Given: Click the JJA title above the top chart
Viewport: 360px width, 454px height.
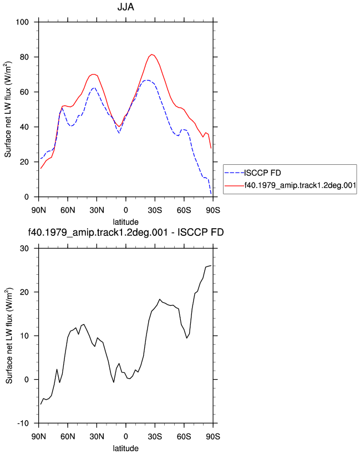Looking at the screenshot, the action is click(125, 7).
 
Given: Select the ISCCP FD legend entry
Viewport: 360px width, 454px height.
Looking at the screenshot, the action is click(262, 173).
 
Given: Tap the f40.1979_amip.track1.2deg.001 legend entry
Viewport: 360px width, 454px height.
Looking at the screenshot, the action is click(300, 185).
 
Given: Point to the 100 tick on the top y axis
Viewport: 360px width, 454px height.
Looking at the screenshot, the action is click(22, 22).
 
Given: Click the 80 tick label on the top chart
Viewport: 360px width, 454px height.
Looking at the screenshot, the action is click(24, 57).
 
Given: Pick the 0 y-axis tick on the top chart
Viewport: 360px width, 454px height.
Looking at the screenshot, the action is click(27, 197).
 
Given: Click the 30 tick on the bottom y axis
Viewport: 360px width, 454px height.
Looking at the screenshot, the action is click(24, 249).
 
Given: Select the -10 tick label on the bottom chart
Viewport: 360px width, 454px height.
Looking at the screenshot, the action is click(23, 423).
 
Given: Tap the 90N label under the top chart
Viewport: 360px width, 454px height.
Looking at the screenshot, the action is click(38, 210).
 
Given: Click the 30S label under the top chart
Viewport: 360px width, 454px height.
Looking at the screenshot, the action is click(155, 210).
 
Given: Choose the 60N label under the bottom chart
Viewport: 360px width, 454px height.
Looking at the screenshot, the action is click(68, 436).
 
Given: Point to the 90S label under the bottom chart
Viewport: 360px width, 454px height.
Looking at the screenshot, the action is click(213, 436).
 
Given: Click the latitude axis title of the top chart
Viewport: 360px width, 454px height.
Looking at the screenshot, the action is click(125, 222).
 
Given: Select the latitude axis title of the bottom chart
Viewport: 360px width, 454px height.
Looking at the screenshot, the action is click(125, 448).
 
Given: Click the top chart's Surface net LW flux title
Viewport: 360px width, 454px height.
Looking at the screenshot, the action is click(8, 109).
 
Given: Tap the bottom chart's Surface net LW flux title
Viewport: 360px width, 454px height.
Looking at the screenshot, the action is click(9, 336).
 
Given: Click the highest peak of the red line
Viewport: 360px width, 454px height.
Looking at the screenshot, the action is click(152, 54).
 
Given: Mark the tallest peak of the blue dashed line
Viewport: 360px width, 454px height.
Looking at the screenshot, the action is click(148, 80).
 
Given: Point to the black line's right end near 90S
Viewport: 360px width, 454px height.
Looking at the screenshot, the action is click(211, 265).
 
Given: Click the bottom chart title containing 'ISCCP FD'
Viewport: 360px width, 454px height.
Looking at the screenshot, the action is click(125, 232).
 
